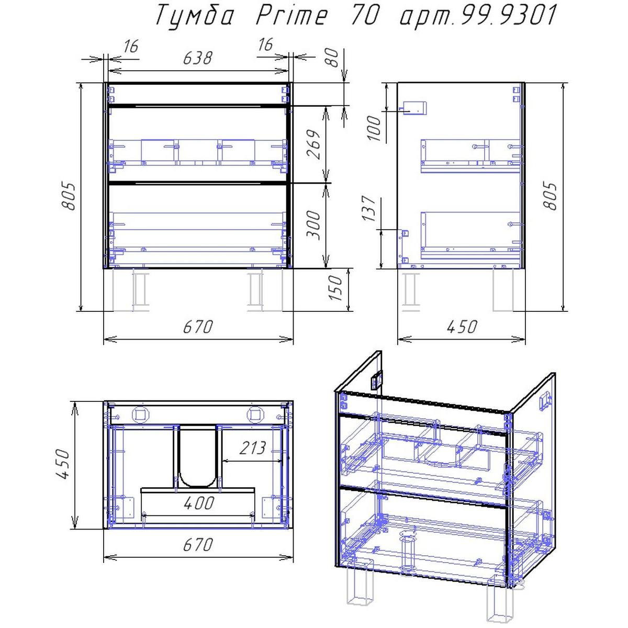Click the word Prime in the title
(x=291, y=17)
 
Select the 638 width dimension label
(x=197, y=59)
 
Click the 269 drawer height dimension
(x=314, y=144)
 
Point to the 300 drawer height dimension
(x=314, y=225)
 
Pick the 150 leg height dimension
(x=335, y=288)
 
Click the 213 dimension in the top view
(x=253, y=448)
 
